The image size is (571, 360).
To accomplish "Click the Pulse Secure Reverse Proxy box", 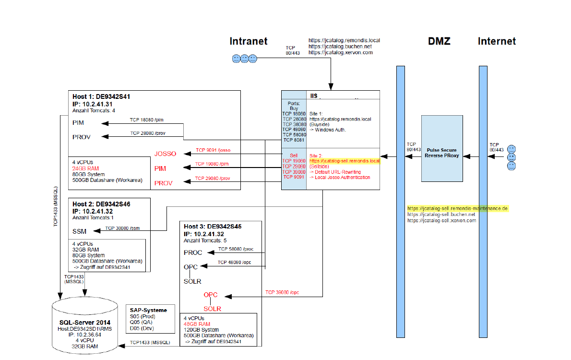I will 441,149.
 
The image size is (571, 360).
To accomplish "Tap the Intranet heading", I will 248,41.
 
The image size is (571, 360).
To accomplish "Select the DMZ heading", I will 439,41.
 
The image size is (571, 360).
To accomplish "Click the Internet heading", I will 497,41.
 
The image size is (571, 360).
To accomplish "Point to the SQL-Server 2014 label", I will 84,322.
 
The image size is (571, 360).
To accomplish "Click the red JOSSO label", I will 165,154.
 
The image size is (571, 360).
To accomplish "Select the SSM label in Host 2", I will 79,231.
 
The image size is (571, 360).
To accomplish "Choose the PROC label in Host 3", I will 193,252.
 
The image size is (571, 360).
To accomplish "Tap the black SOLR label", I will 192,281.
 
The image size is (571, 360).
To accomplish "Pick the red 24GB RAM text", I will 86,168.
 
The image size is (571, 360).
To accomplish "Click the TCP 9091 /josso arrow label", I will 213,150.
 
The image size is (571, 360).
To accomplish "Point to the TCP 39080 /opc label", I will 282,292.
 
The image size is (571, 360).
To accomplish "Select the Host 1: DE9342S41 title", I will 101,96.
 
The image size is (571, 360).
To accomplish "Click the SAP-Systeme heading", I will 148,310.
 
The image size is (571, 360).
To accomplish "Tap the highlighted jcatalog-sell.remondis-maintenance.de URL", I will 457,209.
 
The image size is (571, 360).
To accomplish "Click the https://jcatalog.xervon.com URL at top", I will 341,52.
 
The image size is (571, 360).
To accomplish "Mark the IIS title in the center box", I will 314,96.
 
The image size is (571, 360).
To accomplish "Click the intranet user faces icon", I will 244,59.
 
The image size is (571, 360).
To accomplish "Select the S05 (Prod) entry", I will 143,316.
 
